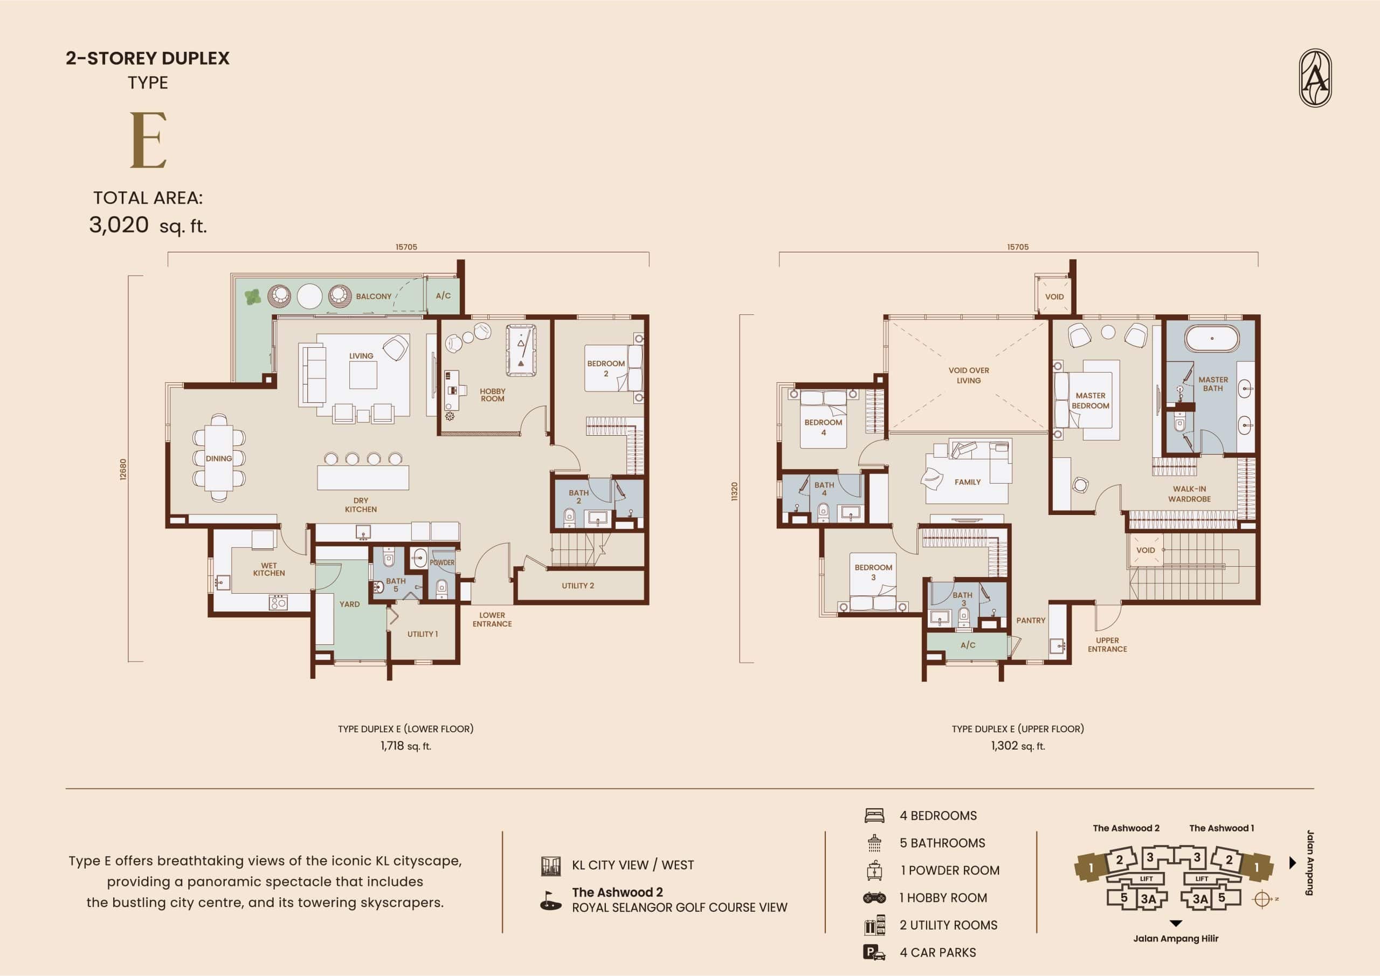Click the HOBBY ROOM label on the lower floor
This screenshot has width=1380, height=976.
pyautogui.click(x=492, y=395)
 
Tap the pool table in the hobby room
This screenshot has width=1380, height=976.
pyautogui.click(x=521, y=350)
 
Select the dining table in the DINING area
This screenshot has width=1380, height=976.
pyautogui.click(x=219, y=458)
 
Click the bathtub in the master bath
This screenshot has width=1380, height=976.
pyautogui.click(x=1212, y=339)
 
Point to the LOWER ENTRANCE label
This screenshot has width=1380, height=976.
pyautogui.click(x=492, y=620)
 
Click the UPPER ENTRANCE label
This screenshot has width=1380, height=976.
pyautogui.click(x=1107, y=645)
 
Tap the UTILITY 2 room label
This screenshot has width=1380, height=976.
pyautogui.click(x=577, y=586)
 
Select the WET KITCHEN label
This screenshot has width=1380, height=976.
pyautogui.click(x=268, y=569)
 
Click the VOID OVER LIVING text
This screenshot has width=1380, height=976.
pyautogui.click(x=969, y=375)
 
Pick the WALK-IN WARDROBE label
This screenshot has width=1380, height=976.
pyautogui.click(x=1190, y=494)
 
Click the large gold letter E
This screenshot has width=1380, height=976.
pyautogui.click(x=148, y=141)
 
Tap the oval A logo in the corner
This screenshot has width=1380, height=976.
pyautogui.click(x=1315, y=78)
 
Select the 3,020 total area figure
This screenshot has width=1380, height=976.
pyautogui.click(x=119, y=225)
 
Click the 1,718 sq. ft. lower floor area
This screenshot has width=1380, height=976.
pyautogui.click(x=406, y=746)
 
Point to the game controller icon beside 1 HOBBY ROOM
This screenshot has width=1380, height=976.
pyautogui.click(x=874, y=898)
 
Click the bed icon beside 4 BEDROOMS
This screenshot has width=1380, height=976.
pyautogui.click(x=874, y=816)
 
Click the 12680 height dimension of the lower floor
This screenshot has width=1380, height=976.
pyautogui.click(x=123, y=469)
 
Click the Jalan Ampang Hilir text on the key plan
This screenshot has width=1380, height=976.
pyautogui.click(x=1176, y=938)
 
